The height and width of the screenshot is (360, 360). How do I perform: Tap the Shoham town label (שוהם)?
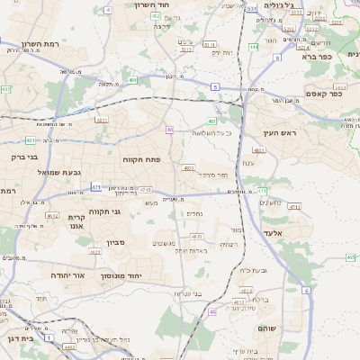tap(265, 328)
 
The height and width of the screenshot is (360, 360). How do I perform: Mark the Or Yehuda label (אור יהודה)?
tap(67, 275)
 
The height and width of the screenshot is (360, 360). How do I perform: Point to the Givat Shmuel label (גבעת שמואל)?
tap(60, 172)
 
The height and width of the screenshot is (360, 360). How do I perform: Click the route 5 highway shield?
tap(215, 86)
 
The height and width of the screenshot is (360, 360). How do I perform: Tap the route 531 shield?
tap(252, 8)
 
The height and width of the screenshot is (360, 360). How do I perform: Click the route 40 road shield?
tap(169, 130)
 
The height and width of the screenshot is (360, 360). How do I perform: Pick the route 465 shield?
tap(350, 257)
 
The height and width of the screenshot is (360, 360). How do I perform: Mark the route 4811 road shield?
tap(102, 119)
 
